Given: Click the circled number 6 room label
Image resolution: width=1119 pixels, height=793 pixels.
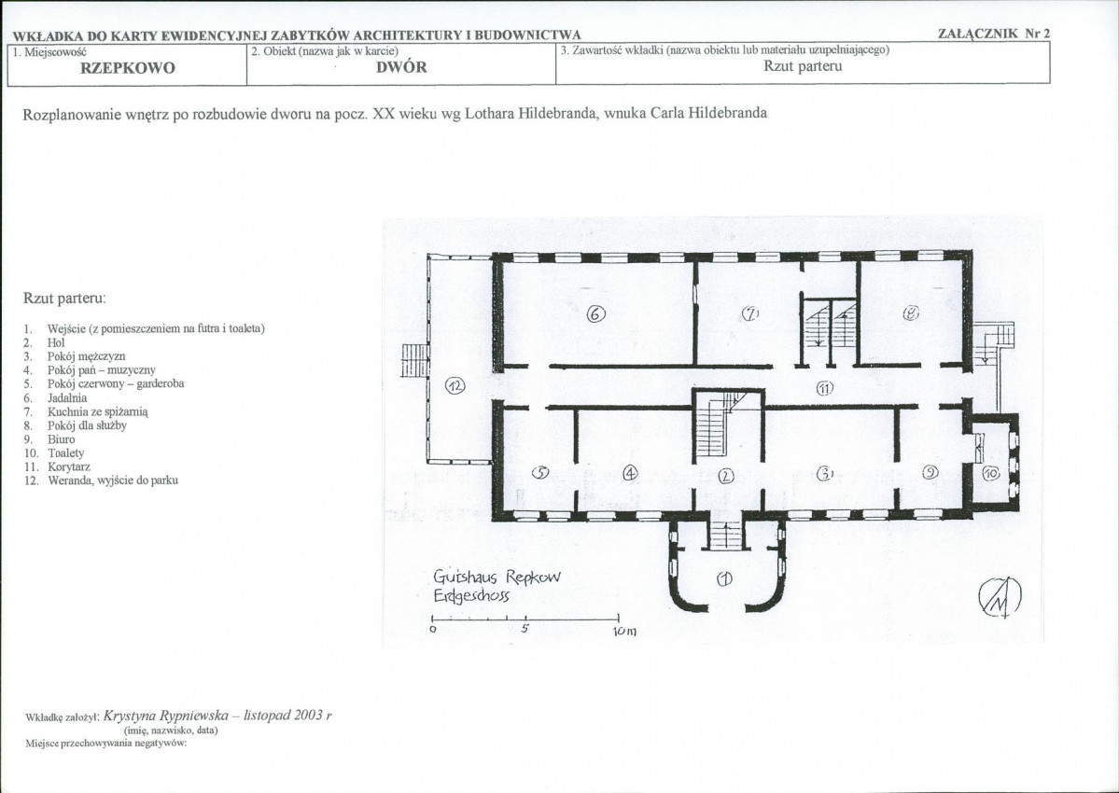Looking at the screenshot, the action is tap(595, 313).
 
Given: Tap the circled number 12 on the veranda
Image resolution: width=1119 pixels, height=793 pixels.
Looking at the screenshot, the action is tap(455, 386).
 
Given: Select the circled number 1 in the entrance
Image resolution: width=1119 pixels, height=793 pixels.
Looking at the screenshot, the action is tap(723, 579).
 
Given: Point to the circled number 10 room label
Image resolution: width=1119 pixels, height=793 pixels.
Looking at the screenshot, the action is tap(990, 473).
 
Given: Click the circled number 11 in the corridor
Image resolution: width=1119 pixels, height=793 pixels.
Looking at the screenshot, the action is tap(825, 388).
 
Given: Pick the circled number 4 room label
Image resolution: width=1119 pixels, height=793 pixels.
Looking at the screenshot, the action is tap(629, 472).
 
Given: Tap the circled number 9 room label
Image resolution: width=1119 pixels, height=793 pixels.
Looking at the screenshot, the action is tap(930, 471).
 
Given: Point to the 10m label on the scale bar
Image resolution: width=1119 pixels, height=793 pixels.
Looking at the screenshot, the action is tap(623, 632).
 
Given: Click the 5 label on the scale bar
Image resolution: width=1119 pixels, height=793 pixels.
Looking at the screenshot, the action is tap(524, 629).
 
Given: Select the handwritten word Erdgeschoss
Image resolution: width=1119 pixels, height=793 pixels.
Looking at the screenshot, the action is tap(471, 596).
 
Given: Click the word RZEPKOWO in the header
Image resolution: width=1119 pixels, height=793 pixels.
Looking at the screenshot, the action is tap(127, 68).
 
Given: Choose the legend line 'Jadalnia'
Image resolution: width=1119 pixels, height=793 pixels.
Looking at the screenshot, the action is tap(67, 398).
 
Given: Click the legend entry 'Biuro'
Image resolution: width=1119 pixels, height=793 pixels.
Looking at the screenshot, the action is tap(62, 439).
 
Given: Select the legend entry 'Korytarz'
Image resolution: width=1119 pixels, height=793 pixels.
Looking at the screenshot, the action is tap(68, 467).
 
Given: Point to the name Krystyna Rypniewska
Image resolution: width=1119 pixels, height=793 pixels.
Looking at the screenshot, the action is tap(166, 716).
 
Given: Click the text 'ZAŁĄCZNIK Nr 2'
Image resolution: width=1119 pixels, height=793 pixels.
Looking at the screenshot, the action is tap(993, 34).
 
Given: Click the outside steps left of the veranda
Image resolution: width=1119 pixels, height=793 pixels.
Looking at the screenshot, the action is tap(414, 360).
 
